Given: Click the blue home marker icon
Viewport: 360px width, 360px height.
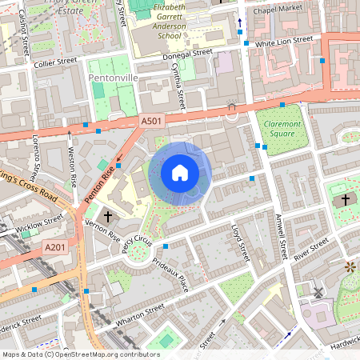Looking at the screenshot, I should (x=180, y=172).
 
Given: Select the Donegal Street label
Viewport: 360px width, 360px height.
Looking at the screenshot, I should (x=186, y=53).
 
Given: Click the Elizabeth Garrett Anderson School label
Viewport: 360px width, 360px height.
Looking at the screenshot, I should (x=162, y=21).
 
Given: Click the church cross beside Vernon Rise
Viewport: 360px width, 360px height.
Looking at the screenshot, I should (x=107, y=217).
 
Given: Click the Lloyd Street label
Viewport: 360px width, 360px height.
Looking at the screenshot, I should (x=240, y=242).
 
